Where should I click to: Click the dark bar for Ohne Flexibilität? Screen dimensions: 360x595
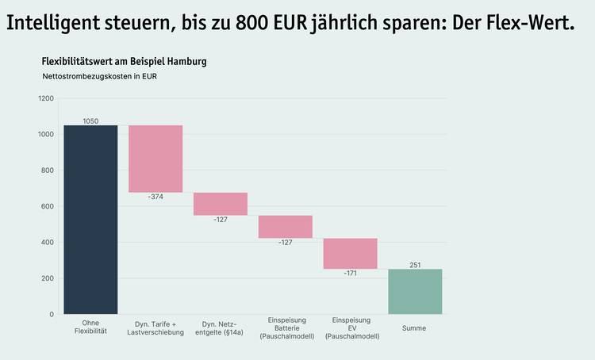point(90,219)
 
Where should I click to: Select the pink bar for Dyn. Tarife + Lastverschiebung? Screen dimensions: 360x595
point(155,159)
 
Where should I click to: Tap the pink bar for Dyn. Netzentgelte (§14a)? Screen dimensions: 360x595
point(221,204)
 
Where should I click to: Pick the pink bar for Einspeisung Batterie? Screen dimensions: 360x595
point(286,227)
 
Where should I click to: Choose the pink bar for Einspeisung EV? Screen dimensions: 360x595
point(351,254)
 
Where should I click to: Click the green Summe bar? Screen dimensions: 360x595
point(415,291)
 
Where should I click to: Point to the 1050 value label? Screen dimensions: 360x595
point(90,121)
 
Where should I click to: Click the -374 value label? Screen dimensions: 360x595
point(155,197)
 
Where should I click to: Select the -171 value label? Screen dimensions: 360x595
point(351,274)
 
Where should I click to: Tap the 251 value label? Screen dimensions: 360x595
point(415,265)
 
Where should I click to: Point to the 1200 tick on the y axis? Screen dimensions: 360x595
point(45,98)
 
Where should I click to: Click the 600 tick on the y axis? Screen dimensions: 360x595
point(48,206)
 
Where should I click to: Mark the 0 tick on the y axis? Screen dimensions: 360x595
point(52,314)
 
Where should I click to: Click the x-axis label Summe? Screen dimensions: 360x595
point(415,328)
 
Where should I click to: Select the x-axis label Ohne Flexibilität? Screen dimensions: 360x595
point(90,327)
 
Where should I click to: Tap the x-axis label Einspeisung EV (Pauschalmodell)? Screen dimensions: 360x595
point(351,327)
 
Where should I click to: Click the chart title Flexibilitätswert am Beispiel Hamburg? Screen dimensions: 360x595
point(124,61)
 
